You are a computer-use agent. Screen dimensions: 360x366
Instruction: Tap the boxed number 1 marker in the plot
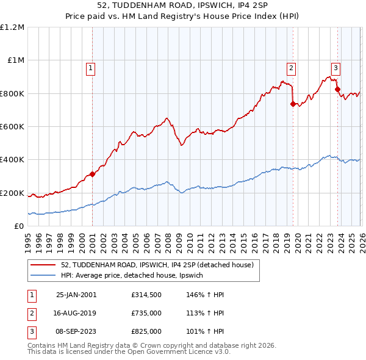90,68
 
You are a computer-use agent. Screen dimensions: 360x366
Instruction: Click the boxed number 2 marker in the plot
292,68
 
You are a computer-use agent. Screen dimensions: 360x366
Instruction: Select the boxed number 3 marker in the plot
335,68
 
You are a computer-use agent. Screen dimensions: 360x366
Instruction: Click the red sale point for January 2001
93,174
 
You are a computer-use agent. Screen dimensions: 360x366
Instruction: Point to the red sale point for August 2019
293,104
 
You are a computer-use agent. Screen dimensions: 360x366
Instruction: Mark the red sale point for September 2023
337,89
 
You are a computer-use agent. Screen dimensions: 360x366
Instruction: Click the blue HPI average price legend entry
135,276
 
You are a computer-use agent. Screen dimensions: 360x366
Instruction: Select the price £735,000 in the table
146,314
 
